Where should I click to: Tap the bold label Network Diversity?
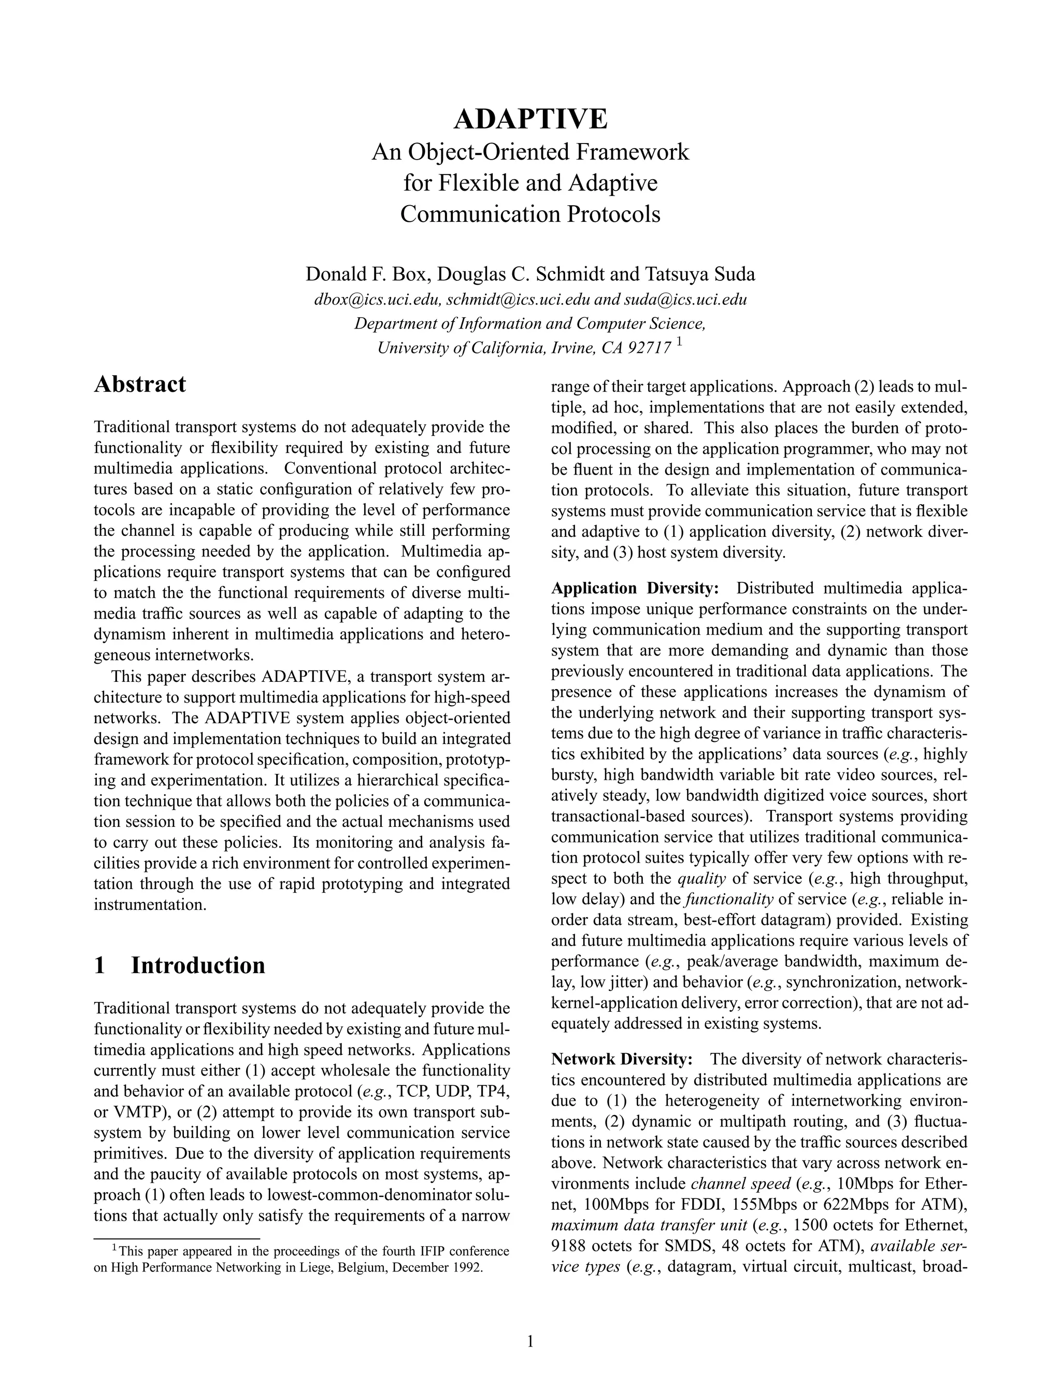(x=622, y=1060)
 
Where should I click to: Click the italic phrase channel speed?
(x=740, y=1184)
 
